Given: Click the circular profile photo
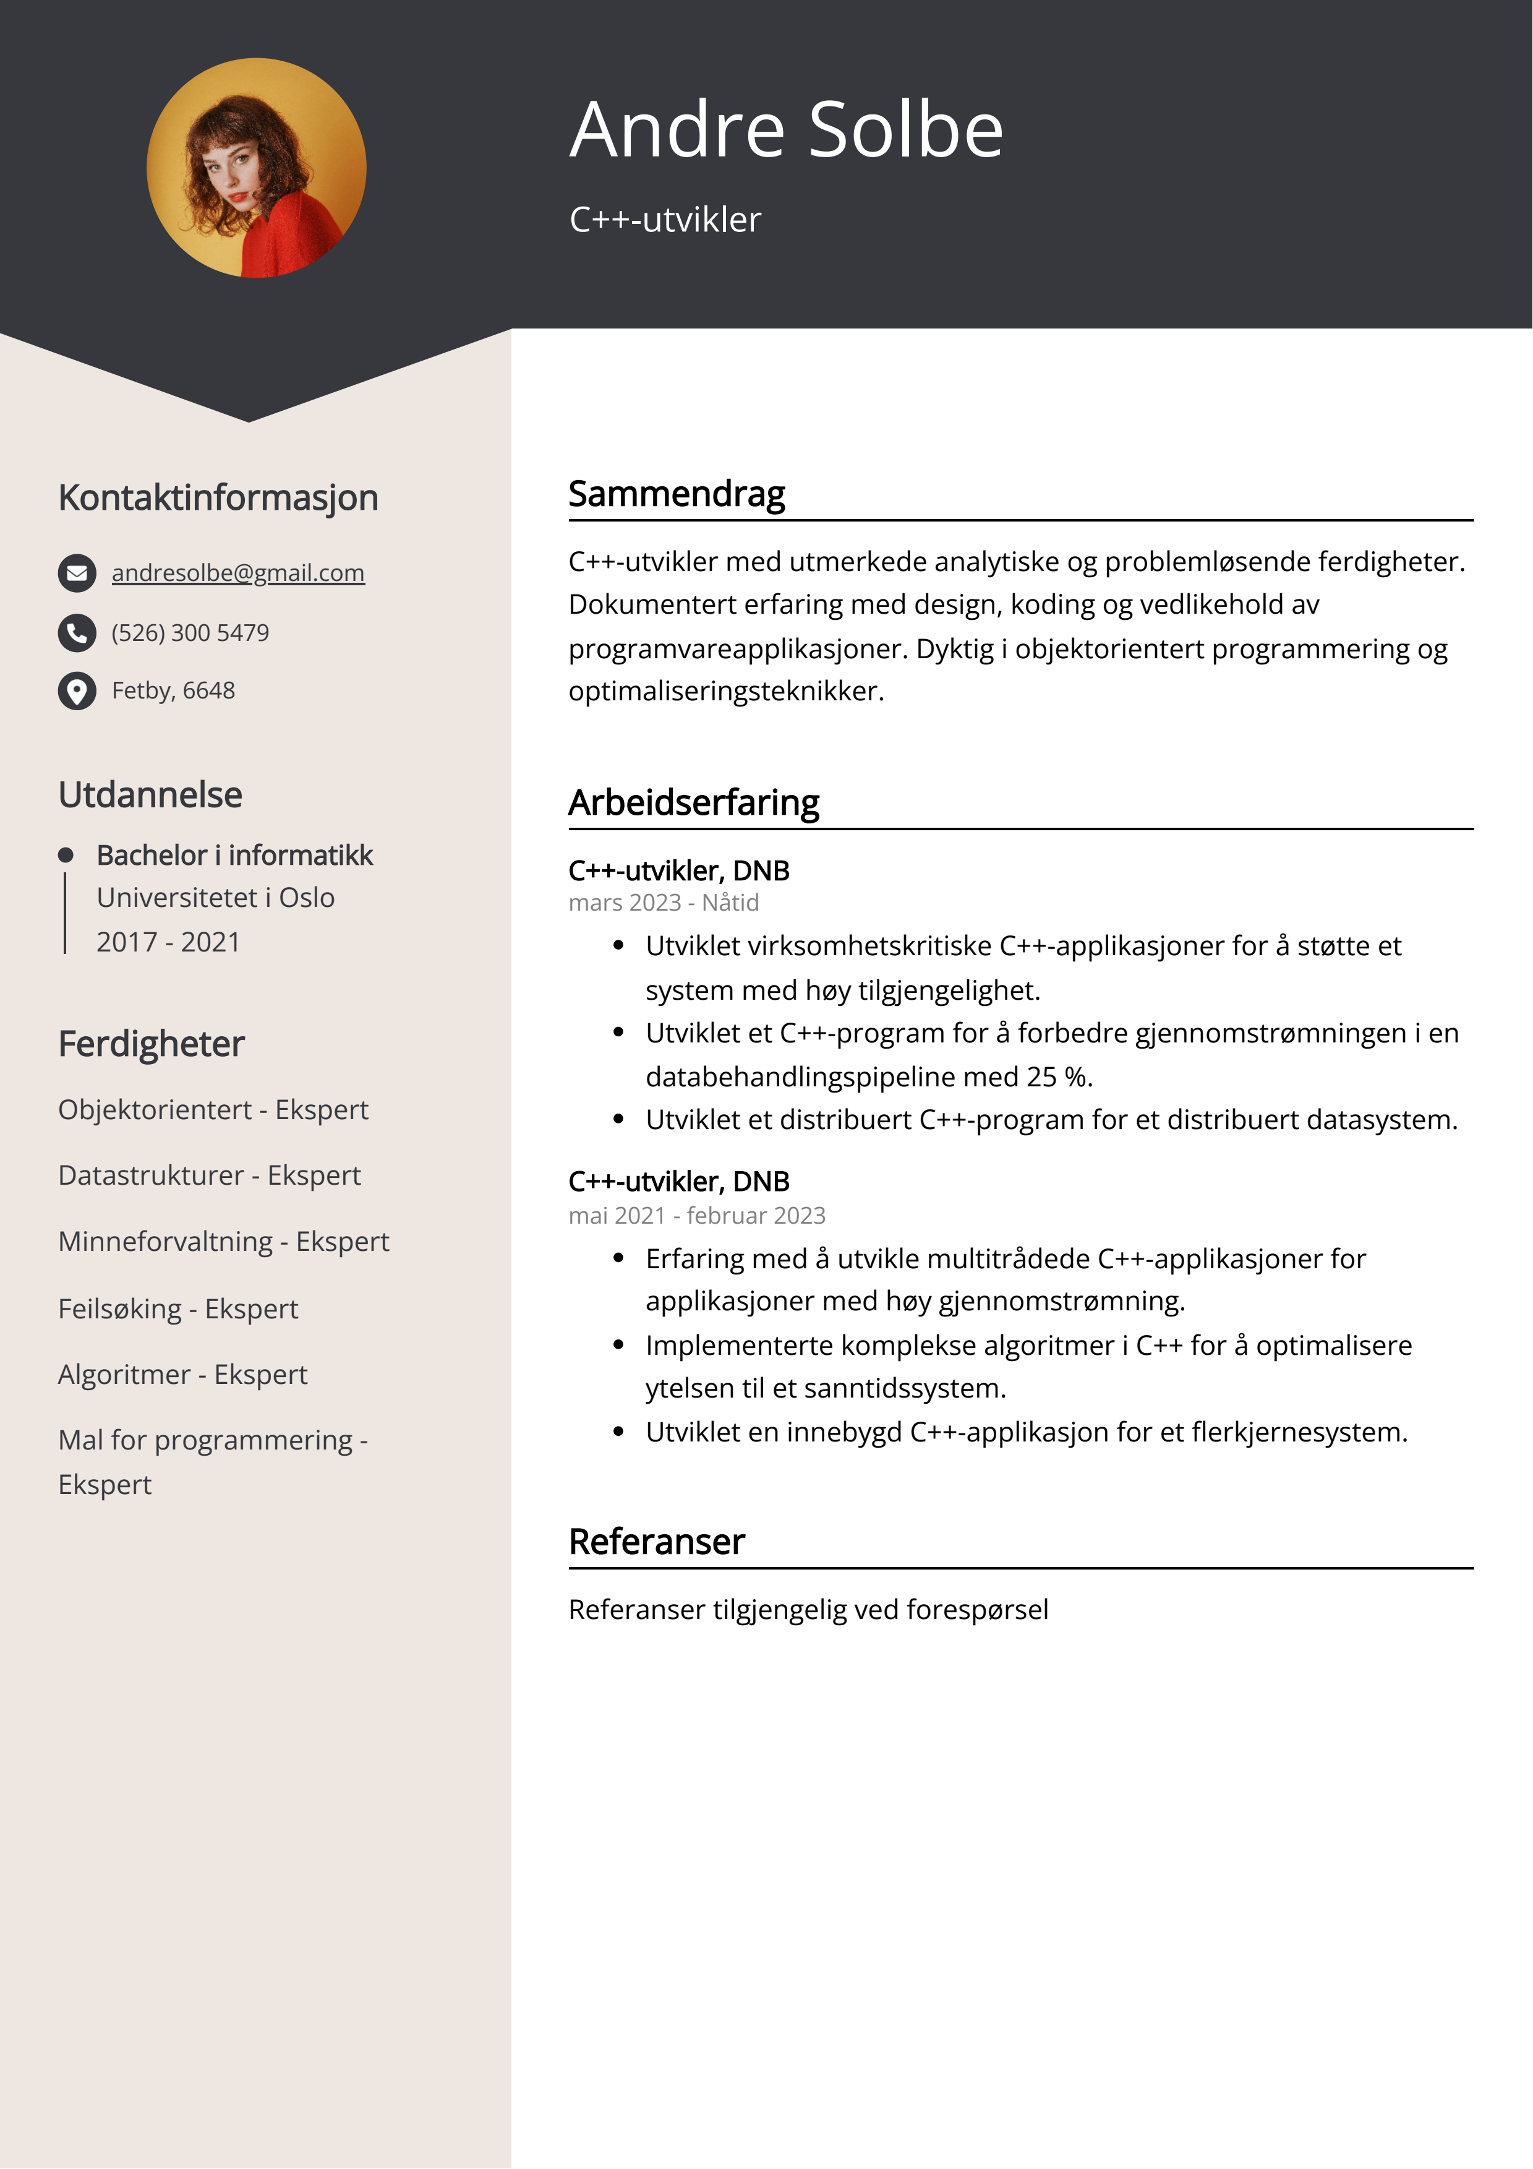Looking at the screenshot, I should (256, 168).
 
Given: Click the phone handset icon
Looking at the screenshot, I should (77, 633).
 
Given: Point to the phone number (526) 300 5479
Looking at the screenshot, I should (190, 633).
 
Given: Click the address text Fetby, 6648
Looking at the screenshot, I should (173, 690).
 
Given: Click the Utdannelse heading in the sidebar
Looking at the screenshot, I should (150, 794).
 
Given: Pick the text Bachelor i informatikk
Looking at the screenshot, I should (234, 855).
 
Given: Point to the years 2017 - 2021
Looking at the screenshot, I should (168, 942).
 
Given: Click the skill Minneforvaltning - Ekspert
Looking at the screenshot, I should (223, 1241).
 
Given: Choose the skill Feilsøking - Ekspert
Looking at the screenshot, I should (177, 1308).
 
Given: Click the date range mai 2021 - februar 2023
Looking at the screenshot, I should (696, 1216).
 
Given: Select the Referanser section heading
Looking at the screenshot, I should (657, 1542).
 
